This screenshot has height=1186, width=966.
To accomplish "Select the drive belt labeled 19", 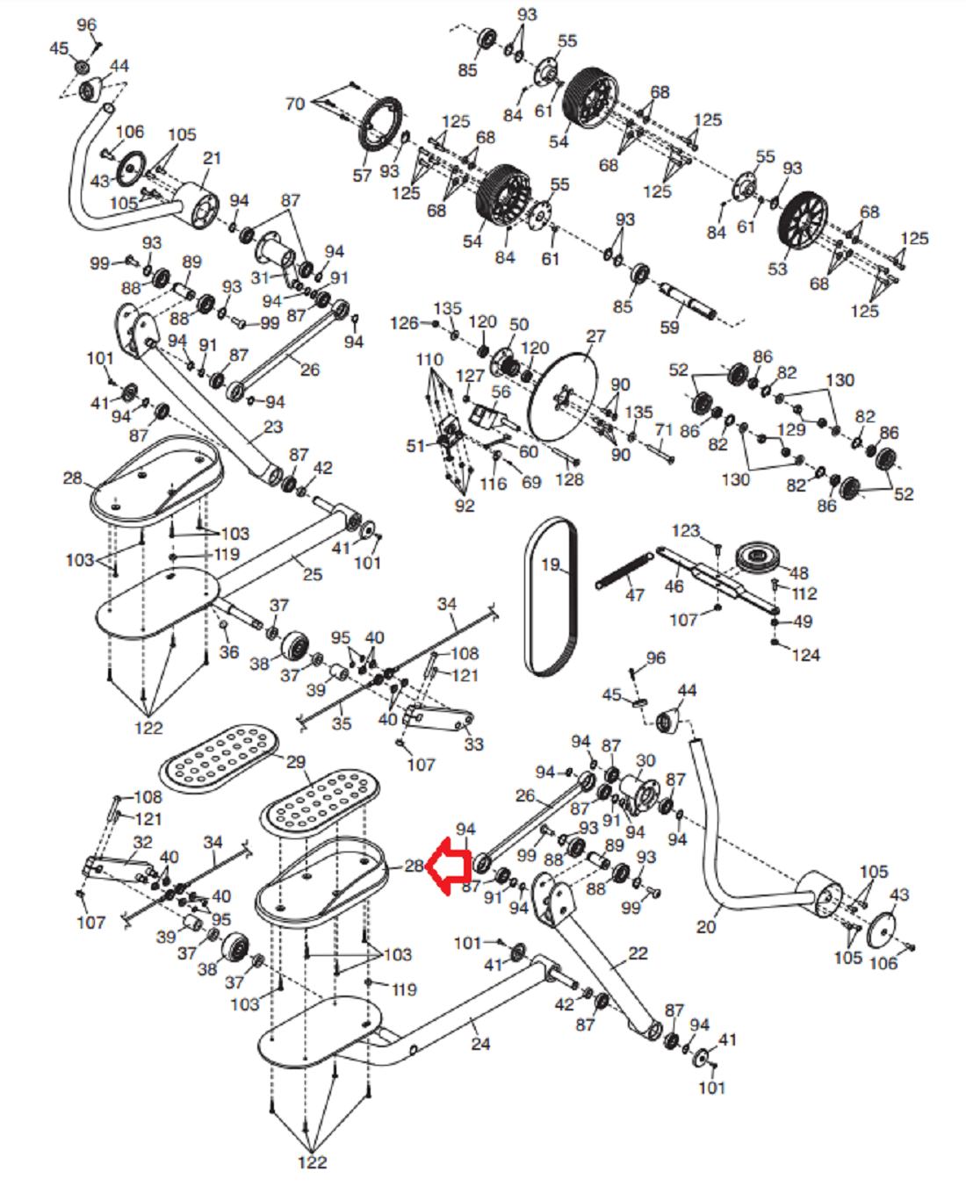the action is [x=551, y=597].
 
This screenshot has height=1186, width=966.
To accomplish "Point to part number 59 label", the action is [x=669, y=327].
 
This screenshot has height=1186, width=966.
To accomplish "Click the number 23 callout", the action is [x=273, y=427].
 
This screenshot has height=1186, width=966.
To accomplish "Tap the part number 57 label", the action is [x=362, y=176].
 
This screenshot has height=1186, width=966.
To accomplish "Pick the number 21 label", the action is [x=212, y=158].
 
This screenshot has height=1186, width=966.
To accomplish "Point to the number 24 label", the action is [x=480, y=1044].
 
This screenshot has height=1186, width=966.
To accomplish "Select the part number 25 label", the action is [x=313, y=574].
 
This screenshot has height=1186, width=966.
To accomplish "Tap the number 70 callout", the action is [x=295, y=104].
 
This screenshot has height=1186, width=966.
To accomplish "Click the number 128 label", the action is [x=569, y=479].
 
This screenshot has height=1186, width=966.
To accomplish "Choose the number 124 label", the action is [x=805, y=655].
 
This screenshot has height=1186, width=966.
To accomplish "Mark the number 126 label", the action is [x=404, y=323].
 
